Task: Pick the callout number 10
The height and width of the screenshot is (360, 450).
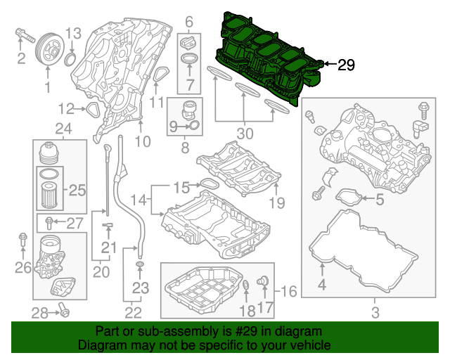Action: [x=143, y=141]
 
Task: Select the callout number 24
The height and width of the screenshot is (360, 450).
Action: [x=64, y=129]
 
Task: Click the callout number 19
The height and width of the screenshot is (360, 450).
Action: [x=276, y=203]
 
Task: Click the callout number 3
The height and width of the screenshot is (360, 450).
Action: [x=375, y=311]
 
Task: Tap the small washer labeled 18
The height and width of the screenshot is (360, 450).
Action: [x=247, y=285]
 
